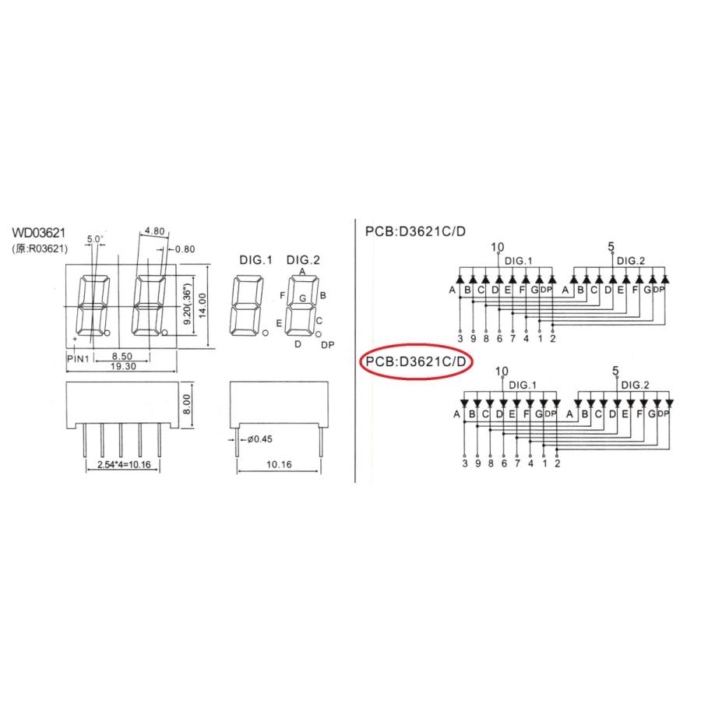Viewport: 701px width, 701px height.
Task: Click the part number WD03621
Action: (39, 233)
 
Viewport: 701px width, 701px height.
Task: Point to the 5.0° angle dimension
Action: (95, 238)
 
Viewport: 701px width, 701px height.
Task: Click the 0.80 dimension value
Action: (185, 249)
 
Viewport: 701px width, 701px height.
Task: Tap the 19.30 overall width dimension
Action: (122, 365)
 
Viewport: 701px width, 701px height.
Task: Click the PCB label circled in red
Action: (416, 361)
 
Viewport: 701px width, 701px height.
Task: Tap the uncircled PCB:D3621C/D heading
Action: (416, 231)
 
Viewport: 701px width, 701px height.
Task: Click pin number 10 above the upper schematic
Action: (498, 248)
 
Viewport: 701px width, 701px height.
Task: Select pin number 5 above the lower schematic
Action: (615, 371)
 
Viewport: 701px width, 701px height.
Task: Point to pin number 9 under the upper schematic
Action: (474, 338)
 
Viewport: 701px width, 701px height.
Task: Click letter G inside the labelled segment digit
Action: (302, 298)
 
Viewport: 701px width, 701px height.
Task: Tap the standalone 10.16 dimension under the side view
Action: (277, 465)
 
